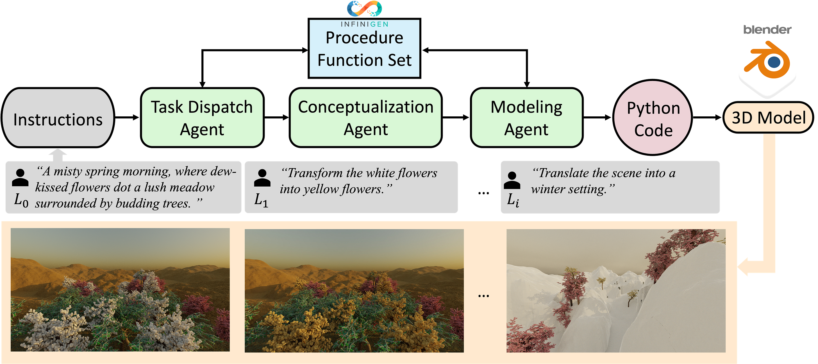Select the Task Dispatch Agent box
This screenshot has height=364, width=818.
pyautogui.click(x=202, y=118)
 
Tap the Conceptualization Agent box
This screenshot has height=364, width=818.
pyautogui.click(x=365, y=118)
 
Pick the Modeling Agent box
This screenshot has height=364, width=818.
pyautogui.click(x=526, y=118)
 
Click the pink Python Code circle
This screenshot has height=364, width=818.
pyautogui.click(x=653, y=118)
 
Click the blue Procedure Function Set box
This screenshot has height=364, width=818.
pyautogui.click(x=364, y=49)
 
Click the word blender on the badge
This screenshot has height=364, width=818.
pyautogui.click(x=767, y=30)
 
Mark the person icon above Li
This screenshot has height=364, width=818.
pyautogui.click(x=512, y=180)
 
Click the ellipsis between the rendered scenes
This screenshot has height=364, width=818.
pyautogui.click(x=483, y=296)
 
